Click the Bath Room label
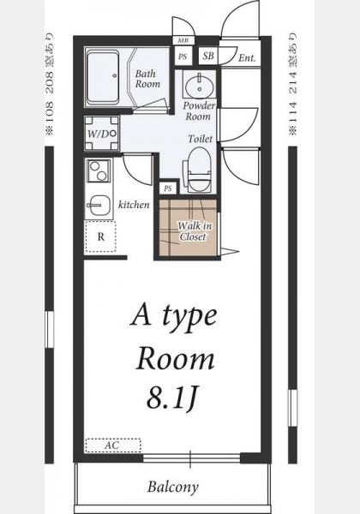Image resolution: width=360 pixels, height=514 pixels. point(148,79)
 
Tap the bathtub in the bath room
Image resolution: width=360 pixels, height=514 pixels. point(103,77)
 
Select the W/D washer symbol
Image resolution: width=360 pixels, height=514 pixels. point(102,133)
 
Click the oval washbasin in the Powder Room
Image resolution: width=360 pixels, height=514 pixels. point(200,85)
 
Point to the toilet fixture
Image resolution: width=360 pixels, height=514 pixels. point(198,170)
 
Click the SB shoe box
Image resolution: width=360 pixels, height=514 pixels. point(208,56)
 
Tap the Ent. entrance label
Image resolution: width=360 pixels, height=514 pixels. point(247,58)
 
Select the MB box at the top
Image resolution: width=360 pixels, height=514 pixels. point(183,40)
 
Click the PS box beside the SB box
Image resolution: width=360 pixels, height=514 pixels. point(183,57)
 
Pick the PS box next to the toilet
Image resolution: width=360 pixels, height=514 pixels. point(168,188)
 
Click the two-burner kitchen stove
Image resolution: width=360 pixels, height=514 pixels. point(99,171)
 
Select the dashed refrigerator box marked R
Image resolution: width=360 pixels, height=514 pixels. point(100,236)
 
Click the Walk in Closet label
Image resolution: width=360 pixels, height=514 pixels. point(194,231)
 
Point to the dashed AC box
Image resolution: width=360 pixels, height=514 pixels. point(113,445)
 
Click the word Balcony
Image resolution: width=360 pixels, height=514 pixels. point(173,487)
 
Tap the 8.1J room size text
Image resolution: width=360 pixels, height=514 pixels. point(171,397)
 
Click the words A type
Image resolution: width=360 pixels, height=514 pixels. point(174,317)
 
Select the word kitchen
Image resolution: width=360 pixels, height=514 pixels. point(134,205)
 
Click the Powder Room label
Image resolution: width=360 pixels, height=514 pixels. point(199,111)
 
